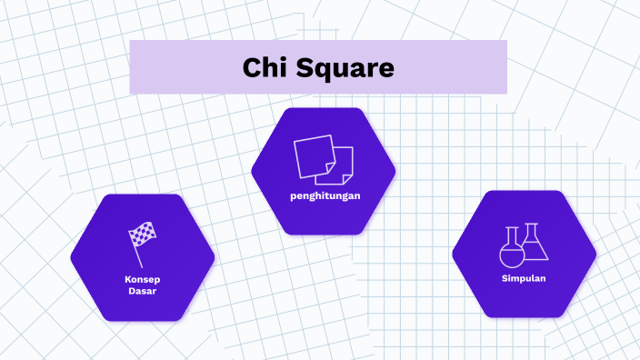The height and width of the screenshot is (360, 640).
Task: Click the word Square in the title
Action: pyautogui.click(x=345, y=68)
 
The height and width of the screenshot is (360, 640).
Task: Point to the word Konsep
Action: pyautogui.click(x=143, y=277)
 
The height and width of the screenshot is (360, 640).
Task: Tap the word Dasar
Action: pyautogui.click(x=143, y=290)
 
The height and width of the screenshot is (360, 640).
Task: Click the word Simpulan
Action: pyautogui.click(x=524, y=278)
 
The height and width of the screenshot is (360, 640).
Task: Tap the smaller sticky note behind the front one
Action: pyautogui.click(x=345, y=170)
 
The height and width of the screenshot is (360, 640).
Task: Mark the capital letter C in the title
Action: pyautogui.click(x=252, y=67)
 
